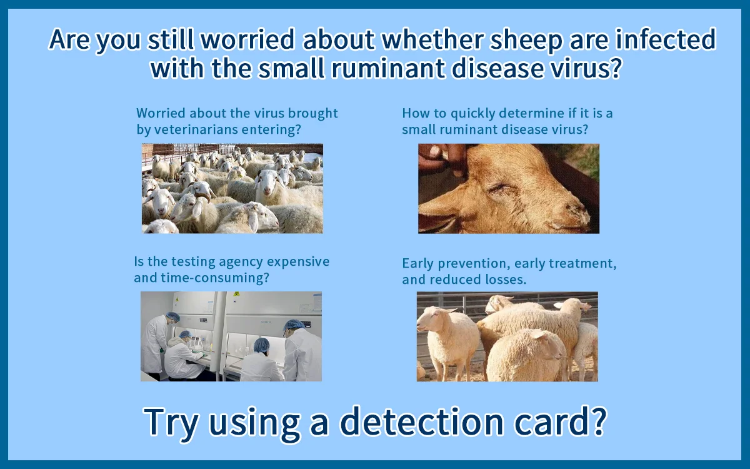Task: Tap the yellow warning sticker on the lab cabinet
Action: click(x=237, y=295)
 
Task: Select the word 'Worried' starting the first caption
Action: click(x=161, y=114)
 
